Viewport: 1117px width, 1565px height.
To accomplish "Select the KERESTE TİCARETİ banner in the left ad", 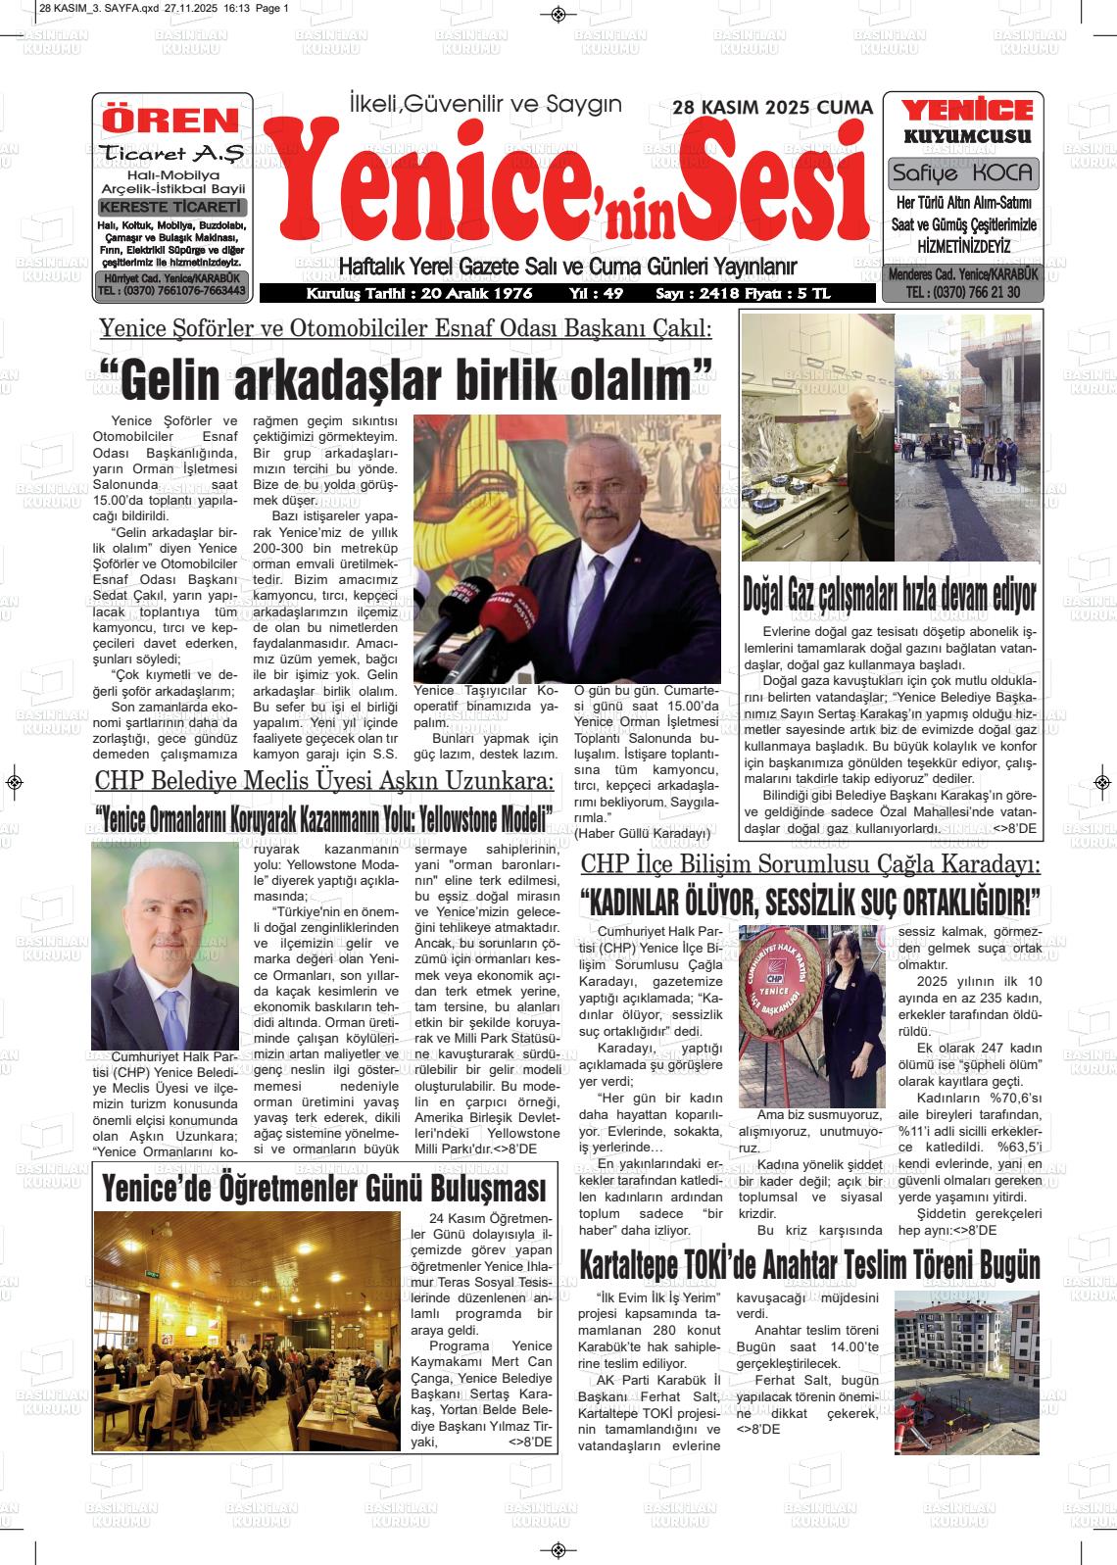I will point(172,207).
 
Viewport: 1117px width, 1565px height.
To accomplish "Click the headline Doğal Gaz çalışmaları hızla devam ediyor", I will point(889,594).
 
